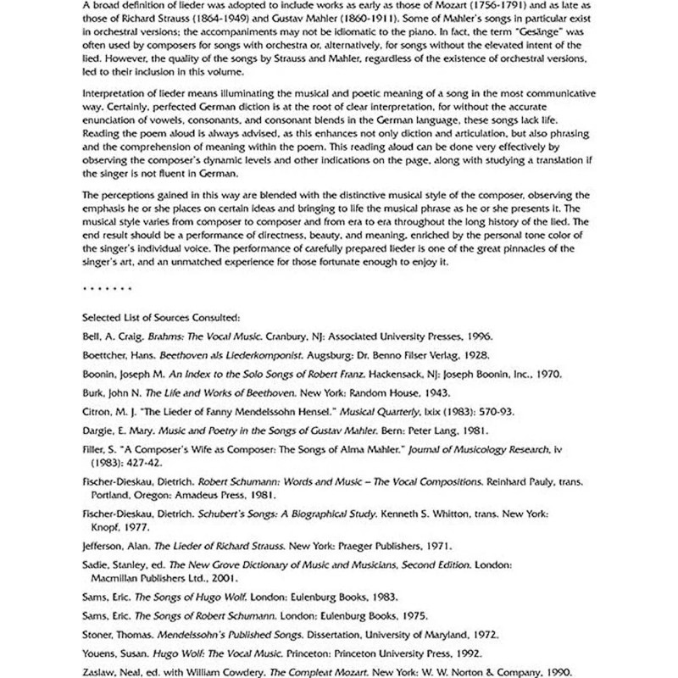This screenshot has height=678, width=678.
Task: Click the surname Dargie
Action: pyautogui.click(x=98, y=431)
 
